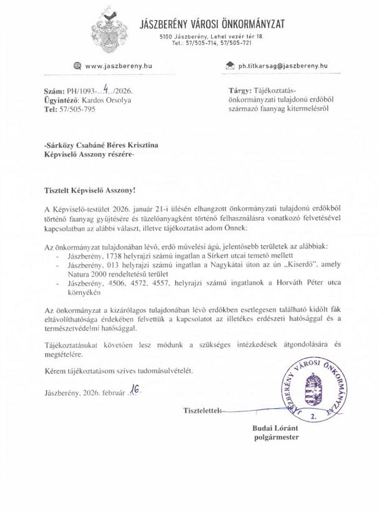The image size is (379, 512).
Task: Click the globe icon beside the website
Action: coord(77,66)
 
